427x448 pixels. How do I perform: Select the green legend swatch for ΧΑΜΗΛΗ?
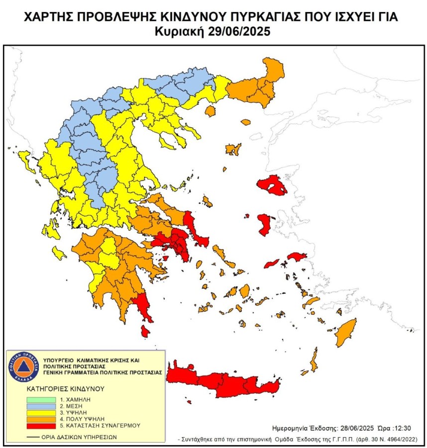pos(40,399)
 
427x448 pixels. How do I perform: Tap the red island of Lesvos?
pos(271,186)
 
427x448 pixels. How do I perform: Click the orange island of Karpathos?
pos(314,359)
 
